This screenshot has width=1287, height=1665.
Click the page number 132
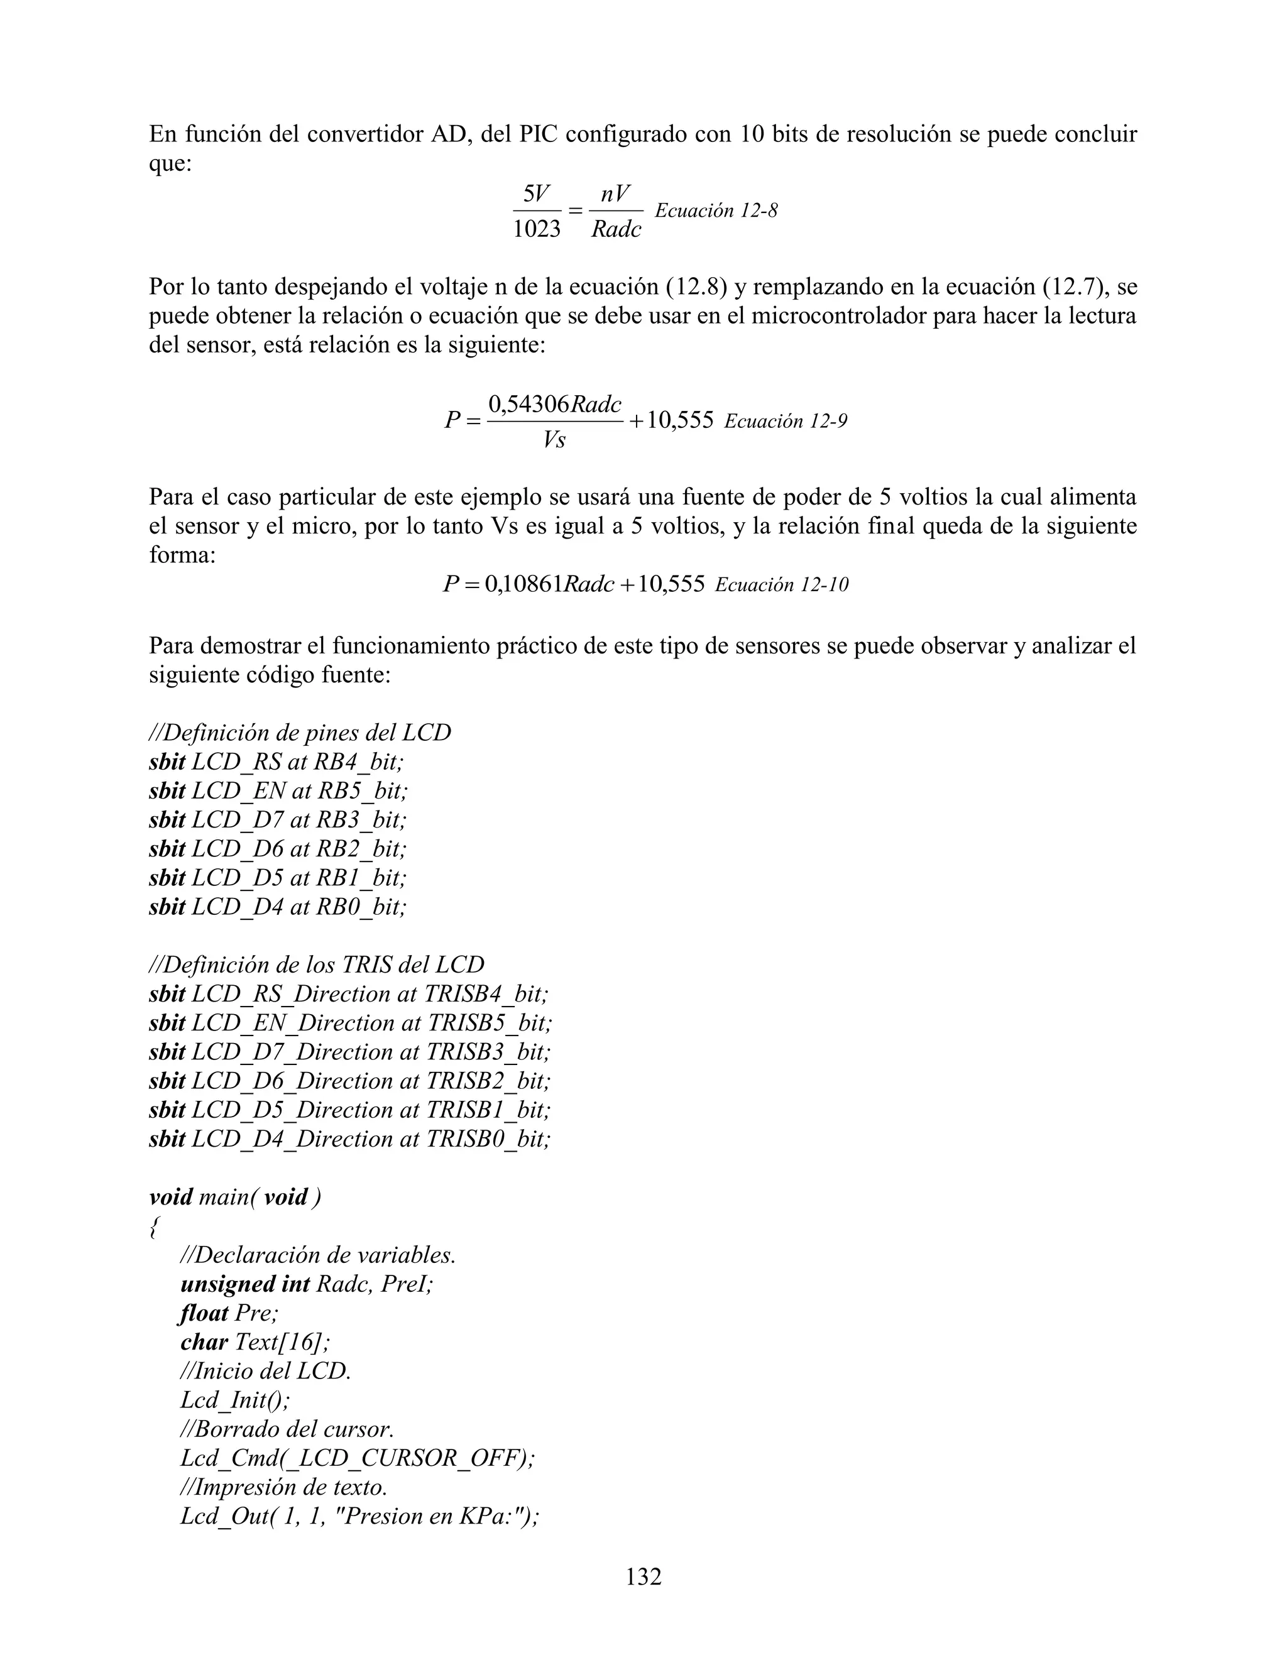(x=643, y=1576)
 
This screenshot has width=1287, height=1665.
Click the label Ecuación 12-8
(x=716, y=211)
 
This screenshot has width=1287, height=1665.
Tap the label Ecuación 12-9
(x=786, y=421)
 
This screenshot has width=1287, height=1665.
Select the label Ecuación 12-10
(x=782, y=585)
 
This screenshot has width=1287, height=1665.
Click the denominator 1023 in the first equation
(x=536, y=229)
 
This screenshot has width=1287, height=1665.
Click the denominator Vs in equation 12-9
(x=554, y=440)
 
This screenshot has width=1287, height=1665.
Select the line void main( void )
(x=235, y=1197)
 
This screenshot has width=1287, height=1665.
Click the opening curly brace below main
(x=154, y=1226)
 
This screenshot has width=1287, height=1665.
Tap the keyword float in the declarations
(x=204, y=1313)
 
